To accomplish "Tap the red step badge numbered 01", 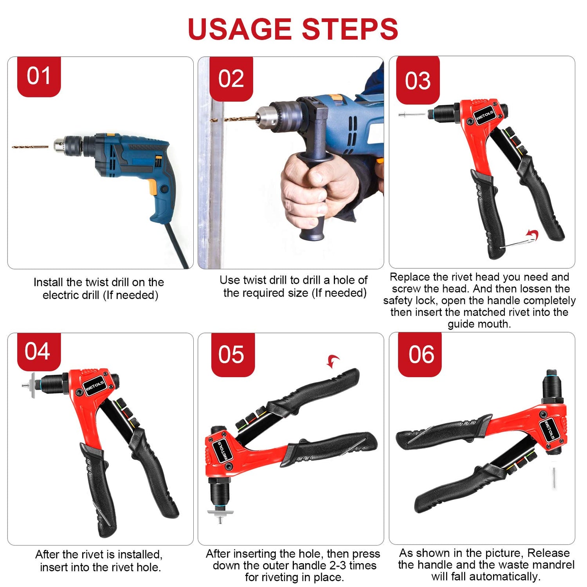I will [39, 76].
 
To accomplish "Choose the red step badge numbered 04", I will [38, 351].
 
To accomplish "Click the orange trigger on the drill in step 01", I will [154, 187].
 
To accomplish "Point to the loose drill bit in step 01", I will [30, 147].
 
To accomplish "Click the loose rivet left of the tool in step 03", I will [411, 115].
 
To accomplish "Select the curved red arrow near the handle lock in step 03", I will [533, 235].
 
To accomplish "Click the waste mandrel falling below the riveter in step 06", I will [554, 478].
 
